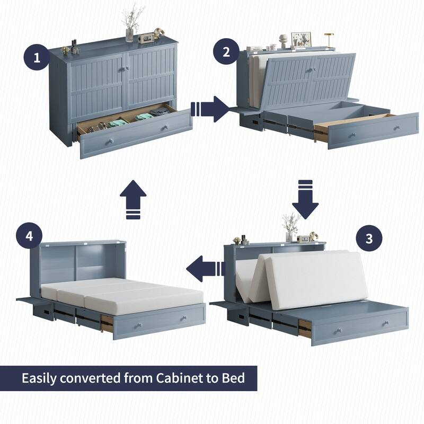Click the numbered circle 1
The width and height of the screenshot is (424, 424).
point(37,57)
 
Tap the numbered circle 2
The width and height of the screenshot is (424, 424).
point(226,52)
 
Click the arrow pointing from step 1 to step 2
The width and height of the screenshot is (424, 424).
point(209,109)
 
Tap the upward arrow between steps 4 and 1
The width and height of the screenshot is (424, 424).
point(133,199)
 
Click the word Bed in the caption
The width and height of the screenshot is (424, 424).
point(234,378)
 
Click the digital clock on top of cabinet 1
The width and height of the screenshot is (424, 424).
point(146,38)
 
